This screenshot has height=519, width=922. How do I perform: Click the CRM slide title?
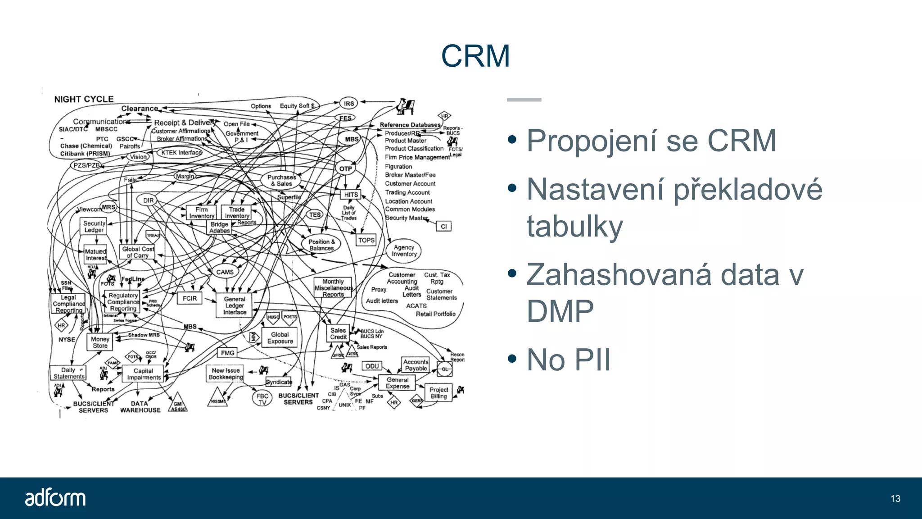pos(475,56)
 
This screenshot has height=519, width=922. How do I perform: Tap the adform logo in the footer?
pos(55,498)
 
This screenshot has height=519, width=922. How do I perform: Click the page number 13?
pos(895,499)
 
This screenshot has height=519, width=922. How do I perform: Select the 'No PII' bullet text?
pos(568,360)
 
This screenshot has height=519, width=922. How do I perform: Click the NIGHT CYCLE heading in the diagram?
pos(84,99)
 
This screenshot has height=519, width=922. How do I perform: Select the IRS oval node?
pos(348,104)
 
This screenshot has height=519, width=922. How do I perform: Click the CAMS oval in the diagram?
pos(225,272)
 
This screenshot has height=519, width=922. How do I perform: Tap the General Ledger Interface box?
pos(235,305)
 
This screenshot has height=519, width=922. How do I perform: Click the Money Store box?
pos(99,342)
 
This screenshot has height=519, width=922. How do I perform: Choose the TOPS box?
pos(366,241)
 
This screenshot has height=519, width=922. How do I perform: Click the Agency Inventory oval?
pos(403,251)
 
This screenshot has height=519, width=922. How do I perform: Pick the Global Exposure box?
pos(280,338)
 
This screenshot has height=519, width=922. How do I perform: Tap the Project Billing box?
pos(438,393)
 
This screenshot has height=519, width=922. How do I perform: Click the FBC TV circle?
pos(262,399)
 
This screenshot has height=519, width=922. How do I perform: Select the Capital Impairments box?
pos(143,374)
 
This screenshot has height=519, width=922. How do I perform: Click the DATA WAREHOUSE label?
pos(140,407)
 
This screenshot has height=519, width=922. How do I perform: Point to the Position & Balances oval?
pos(321,245)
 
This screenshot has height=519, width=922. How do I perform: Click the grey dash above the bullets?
pos(524,100)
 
